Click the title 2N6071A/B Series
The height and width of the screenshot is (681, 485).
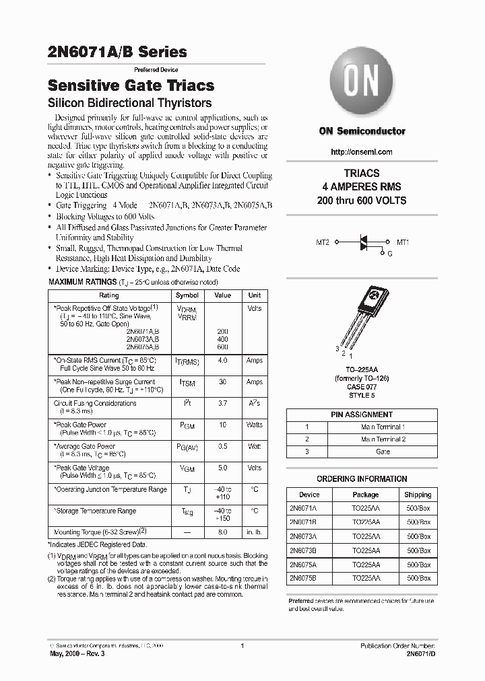pos(118,52)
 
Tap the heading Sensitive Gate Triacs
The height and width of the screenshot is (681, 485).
pos(131,85)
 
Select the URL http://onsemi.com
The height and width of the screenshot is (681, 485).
pos(362,152)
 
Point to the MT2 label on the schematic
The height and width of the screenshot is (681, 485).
pos(322,242)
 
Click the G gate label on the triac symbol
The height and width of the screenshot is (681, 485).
pos(389,253)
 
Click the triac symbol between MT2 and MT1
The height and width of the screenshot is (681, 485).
pos(364,242)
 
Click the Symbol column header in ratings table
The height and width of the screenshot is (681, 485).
pos(187,295)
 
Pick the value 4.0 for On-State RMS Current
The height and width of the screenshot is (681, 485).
pos(222,361)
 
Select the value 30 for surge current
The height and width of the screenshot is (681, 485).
pos(222,382)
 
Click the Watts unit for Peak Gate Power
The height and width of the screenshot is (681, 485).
pos(254,425)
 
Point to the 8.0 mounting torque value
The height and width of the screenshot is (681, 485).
pos(222,532)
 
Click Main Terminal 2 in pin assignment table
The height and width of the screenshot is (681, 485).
pos(382,439)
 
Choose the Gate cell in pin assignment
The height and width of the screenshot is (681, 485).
pos(382,452)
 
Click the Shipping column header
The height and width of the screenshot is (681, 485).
pos(418,494)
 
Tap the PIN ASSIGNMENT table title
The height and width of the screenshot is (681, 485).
pos(362,415)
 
